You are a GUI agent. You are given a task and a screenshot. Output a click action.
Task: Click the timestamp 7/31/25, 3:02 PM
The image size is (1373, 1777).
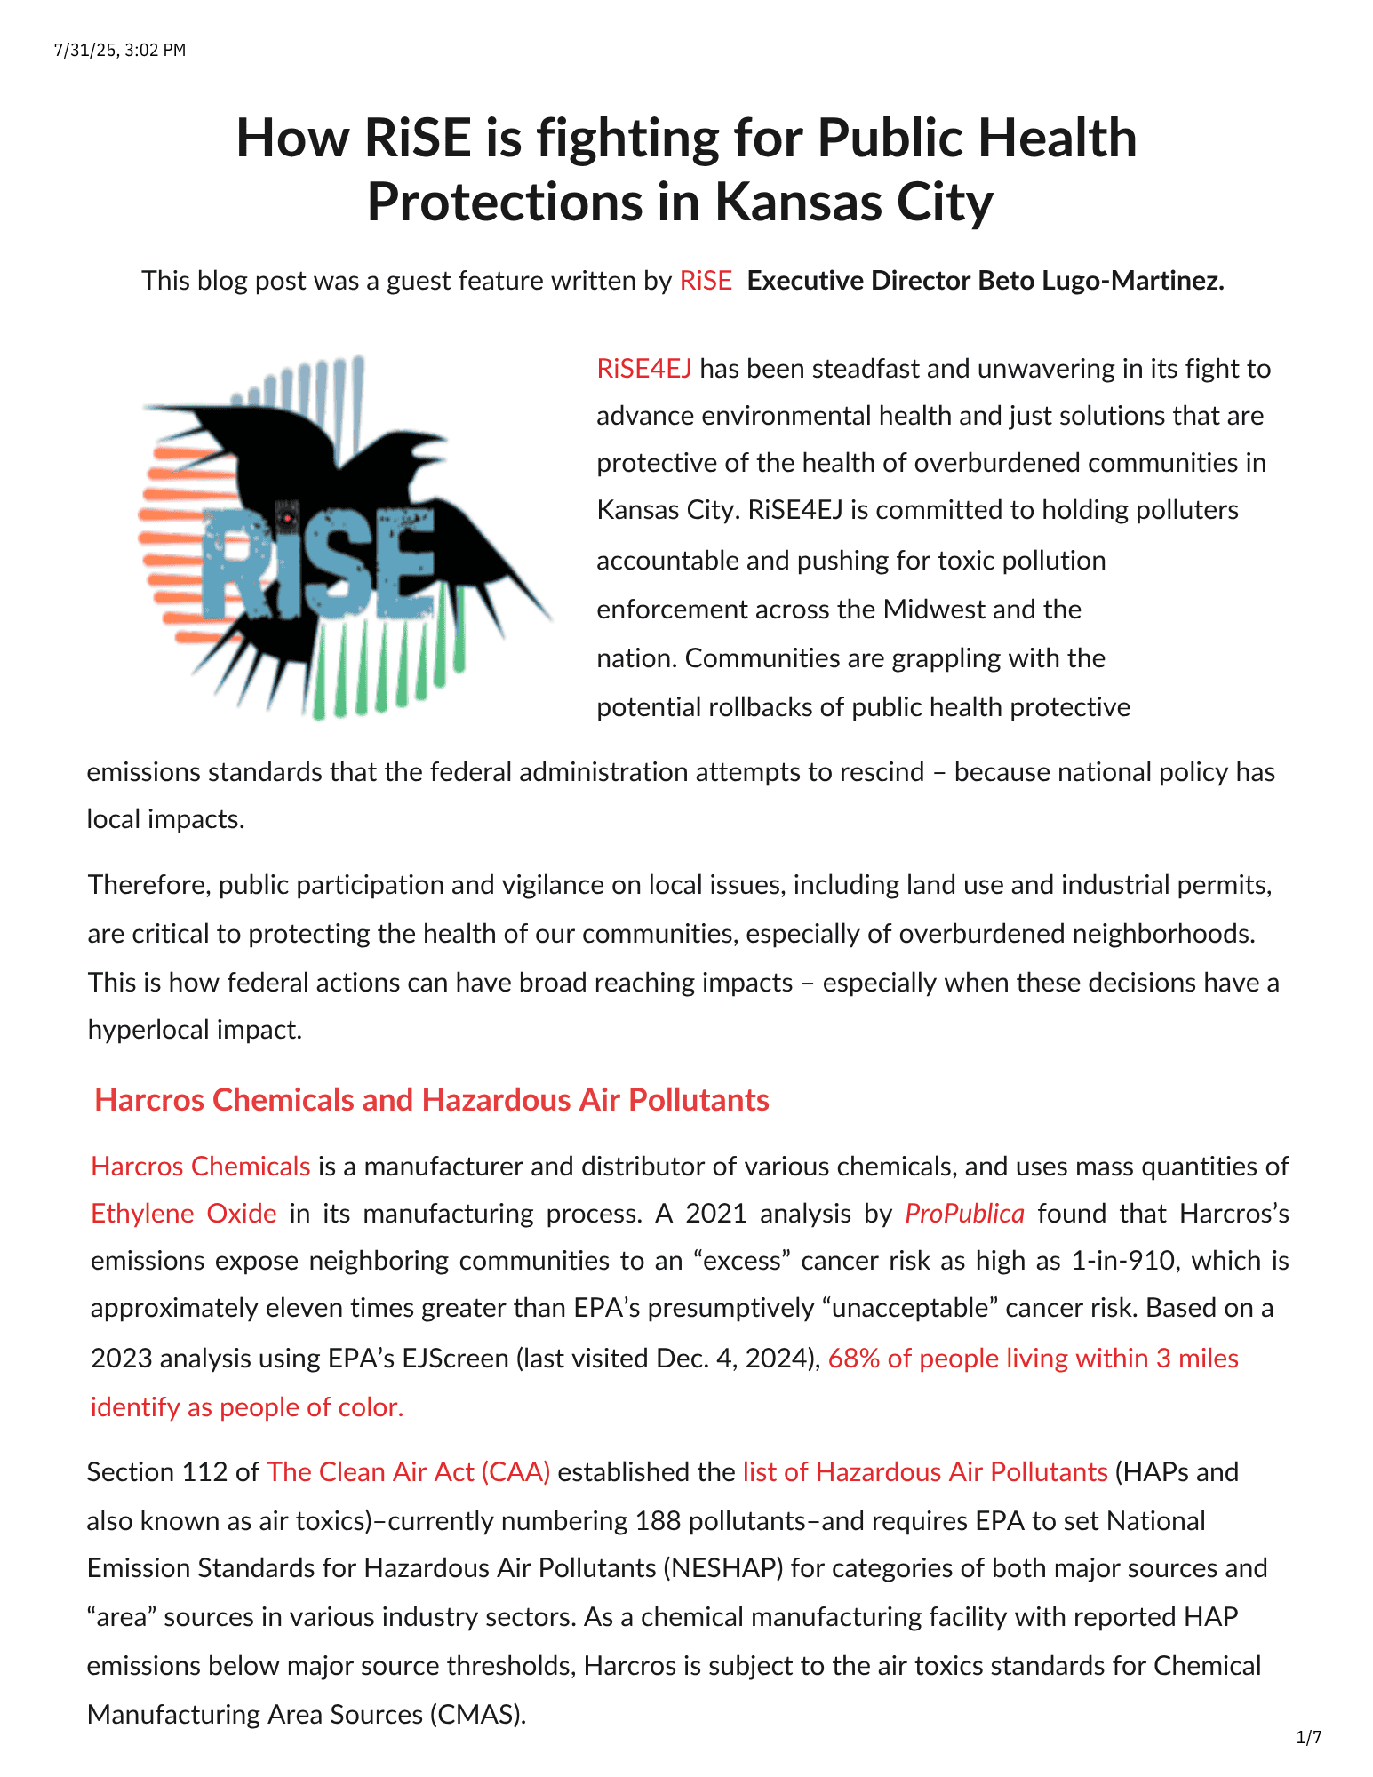120,50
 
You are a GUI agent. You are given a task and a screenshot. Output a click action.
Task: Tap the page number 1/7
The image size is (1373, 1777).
1308,1736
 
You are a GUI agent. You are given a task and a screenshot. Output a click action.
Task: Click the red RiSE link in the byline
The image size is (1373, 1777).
706,281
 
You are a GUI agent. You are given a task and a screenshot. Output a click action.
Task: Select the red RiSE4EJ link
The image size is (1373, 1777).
644,369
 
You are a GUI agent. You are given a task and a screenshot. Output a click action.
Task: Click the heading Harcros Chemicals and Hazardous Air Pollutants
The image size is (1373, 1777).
432,1100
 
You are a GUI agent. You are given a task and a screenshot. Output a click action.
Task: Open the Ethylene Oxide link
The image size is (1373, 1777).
184,1214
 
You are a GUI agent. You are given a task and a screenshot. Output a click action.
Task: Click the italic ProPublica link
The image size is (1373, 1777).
964,1214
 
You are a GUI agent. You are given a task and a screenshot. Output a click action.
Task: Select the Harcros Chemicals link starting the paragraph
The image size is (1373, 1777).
201,1167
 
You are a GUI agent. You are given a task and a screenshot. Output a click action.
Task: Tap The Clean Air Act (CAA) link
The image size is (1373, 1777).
409,1472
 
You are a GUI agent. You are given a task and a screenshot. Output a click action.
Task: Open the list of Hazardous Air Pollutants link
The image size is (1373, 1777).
925,1472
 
